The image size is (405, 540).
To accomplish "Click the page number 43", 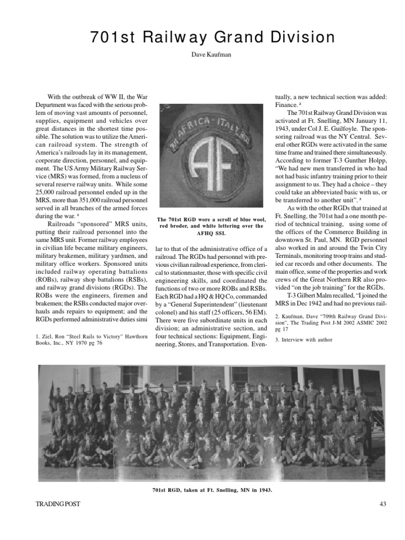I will tap(383, 505).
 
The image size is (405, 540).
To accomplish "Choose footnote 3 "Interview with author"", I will tap(304, 340).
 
